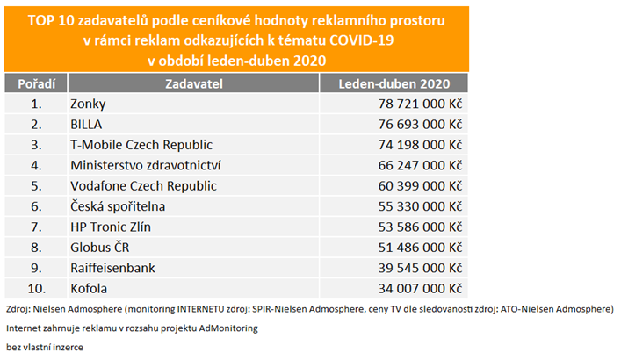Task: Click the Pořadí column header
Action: coord(36,83)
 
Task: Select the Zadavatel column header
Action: coord(194,83)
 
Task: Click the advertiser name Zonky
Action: coord(88,104)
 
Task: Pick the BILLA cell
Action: coord(86,125)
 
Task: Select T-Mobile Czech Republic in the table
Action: coord(141,145)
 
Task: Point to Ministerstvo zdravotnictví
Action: coord(145,165)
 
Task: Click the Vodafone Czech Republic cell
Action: coord(143,185)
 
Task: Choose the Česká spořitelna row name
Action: coord(118,206)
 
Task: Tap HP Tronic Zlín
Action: coord(110,227)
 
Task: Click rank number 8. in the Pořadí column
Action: coord(36,248)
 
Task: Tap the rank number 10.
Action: coord(36,288)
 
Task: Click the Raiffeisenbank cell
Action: coord(113,268)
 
